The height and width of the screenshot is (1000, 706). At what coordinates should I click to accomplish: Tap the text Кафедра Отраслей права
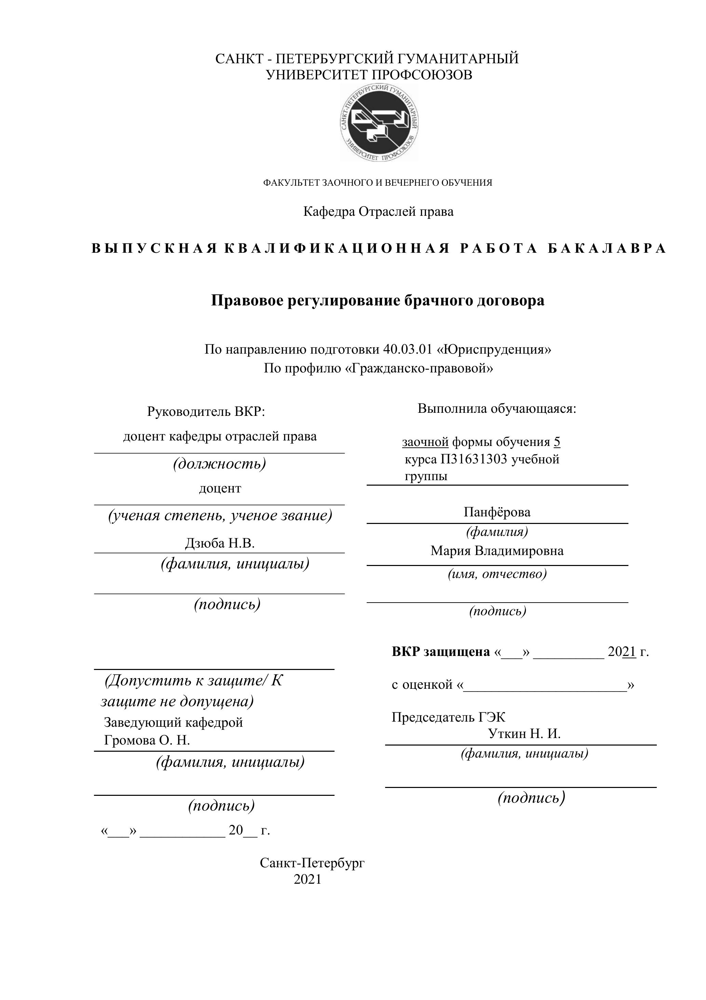[378, 212]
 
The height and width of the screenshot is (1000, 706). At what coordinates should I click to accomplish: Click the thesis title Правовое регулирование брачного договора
[377, 301]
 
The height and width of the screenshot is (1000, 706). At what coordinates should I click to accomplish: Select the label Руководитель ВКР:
[206, 411]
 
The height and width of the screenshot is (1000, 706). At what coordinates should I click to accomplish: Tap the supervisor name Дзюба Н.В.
[219, 543]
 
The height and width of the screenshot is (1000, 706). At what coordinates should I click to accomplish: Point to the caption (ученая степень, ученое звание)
[220, 515]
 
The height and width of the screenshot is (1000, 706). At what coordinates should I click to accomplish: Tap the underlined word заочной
[425, 442]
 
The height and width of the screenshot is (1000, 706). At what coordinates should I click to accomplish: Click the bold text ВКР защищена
[440, 652]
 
